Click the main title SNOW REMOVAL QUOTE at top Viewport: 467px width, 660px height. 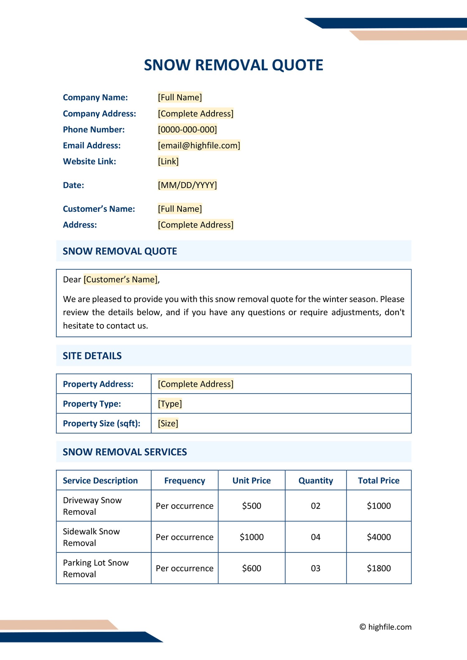(233, 65)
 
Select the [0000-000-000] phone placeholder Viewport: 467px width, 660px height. (187, 129)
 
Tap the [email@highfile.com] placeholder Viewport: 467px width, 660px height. (199, 145)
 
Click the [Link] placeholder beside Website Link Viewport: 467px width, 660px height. (168, 161)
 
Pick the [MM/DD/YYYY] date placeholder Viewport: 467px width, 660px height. (187, 185)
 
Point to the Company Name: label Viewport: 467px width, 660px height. (95, 97)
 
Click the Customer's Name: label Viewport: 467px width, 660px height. (99, 209)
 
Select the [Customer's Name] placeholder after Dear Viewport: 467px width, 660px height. (121, 279)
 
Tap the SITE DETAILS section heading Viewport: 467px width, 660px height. (92, 356)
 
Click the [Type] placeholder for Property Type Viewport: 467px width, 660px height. (170, 404)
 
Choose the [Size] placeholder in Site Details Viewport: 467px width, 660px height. (168, 423)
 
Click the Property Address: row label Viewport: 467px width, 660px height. (98, 384)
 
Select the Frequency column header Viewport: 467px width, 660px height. (185, 480)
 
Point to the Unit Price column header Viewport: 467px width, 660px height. (252, 480)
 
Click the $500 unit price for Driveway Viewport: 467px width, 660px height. (252, 506)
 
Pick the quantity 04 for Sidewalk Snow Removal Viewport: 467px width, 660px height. (315, 537)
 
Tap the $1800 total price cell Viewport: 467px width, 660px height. (379, 568)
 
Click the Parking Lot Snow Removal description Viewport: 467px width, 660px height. (96, 568)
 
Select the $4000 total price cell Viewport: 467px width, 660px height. (379, 537)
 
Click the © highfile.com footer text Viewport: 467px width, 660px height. (385, 627)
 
